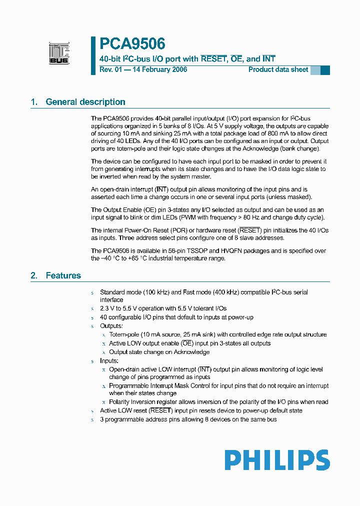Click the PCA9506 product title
tap(132, 44)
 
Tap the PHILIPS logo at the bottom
tap(276, 460)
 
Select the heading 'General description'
tap(85, 102)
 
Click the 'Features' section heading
tap(63, 275)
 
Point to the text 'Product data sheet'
tap(278, 69)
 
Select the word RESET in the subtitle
tap(213, 58)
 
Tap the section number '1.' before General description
tap(34, 102)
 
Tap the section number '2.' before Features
tap(34, 275)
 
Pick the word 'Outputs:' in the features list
tap(111, 326)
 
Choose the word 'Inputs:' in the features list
tap(109, 360)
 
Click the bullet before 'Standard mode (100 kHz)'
tap(92, 292)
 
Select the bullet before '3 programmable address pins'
tap(92, 419)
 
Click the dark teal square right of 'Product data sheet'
tap(325, 70)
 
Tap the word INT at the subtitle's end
tap(269, 58)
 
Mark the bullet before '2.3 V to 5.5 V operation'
tap(92, 309)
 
